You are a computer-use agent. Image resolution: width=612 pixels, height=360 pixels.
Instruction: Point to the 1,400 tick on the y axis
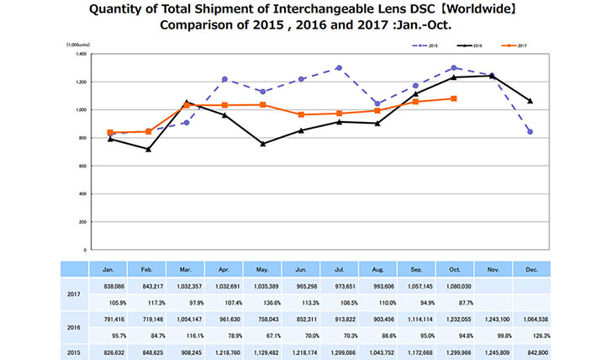(82, 54)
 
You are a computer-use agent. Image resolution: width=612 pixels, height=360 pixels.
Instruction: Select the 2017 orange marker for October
(454, 98)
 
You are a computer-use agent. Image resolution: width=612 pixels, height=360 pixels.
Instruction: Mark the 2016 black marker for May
(262, 144)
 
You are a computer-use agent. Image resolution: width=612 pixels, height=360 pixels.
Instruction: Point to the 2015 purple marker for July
(339, 68)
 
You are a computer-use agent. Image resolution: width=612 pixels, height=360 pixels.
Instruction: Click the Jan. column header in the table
(109, 270)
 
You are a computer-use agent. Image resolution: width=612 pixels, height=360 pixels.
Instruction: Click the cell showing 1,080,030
(454, 287)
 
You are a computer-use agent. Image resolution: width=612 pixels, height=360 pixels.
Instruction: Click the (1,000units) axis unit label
(80, 43)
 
